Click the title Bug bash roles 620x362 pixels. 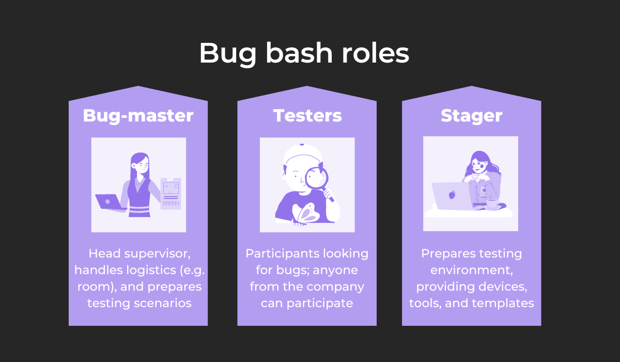(x=304, y=53)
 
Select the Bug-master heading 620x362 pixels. (x=138, y=115)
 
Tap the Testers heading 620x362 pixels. (x=307, y=115)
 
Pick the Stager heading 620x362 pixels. (x=471, y=116)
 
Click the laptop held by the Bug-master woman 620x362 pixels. (x=110, y=201)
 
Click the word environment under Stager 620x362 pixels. (x=471, y=270)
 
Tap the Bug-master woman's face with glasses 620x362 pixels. (x=139, y=167)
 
